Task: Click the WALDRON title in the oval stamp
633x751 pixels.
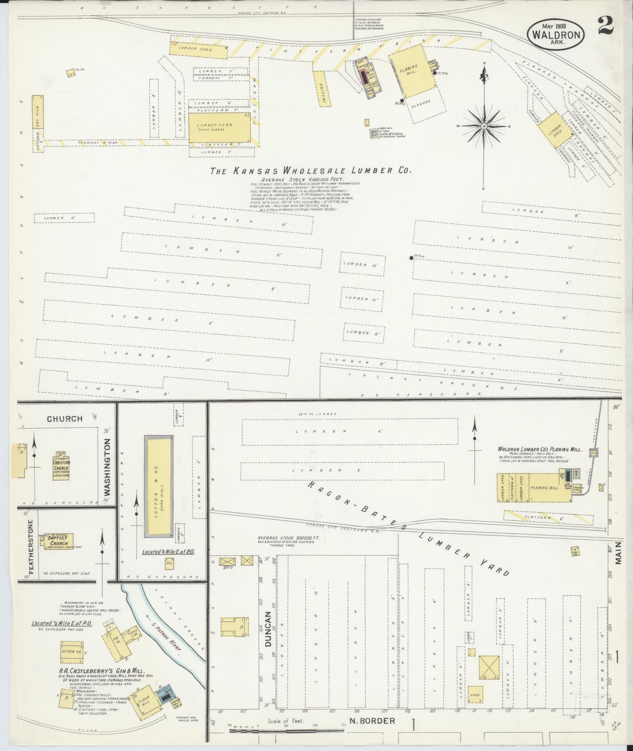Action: point(556,34)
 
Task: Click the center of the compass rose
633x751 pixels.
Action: point(484,126)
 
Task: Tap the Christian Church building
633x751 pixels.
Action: point(61,469)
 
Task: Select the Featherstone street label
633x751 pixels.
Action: point(31,547)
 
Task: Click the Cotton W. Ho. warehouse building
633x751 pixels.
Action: point(159,486)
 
